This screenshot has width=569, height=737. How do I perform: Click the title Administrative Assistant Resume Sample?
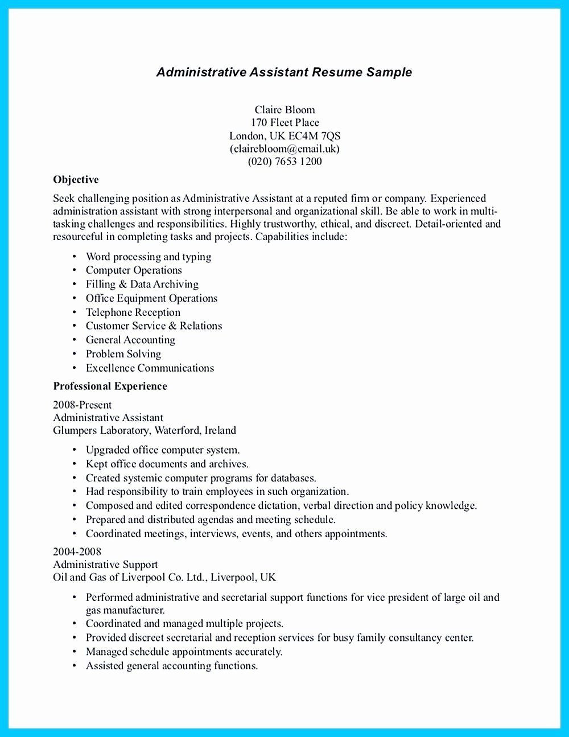tap(284, 72)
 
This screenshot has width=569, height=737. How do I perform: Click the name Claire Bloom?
tap(284, 109)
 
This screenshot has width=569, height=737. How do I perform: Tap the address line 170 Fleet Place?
tap(284, 122)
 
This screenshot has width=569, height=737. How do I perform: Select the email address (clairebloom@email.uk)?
tap(284, 149)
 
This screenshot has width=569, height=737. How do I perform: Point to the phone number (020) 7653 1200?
tap(284, 161)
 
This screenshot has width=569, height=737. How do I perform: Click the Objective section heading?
tap(76, 180)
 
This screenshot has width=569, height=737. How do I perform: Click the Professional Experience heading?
tap(110, 386)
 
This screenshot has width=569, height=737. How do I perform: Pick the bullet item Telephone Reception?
tap(133, 312)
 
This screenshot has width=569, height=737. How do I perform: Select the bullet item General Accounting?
tap(130, 340)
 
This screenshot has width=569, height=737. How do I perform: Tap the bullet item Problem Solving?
tap(123, 354)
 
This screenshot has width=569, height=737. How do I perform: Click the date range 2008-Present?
tap(82, 405)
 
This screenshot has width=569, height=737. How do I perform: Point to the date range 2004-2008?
tap(77, 551)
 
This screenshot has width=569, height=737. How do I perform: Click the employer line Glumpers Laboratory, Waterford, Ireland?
tap(145, 430)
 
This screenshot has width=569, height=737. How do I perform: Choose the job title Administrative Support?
tap(105, 565)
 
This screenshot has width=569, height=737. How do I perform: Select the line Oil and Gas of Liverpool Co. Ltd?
tap(164, 577)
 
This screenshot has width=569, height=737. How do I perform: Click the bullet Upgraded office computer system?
tap(163, 450)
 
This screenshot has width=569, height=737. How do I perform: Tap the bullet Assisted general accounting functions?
tap(172, 665)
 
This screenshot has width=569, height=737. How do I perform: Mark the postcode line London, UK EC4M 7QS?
tap(284, 135)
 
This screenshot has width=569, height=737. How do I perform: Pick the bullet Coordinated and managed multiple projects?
tap(184, 624)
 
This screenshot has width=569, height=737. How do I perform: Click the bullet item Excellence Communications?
tap(150, 368)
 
